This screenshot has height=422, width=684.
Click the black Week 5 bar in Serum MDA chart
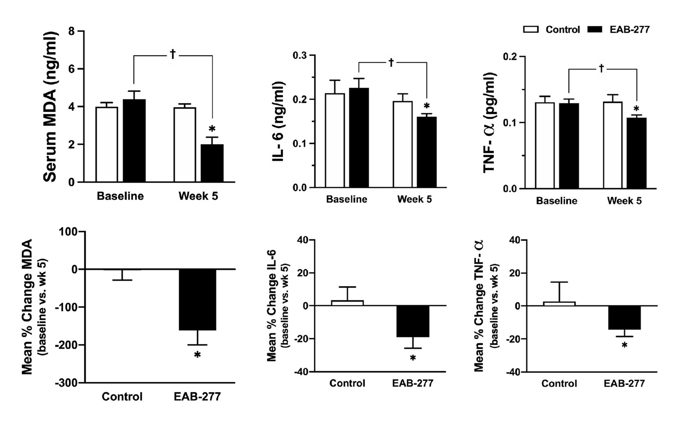212,163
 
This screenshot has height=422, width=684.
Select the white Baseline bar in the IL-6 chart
338,141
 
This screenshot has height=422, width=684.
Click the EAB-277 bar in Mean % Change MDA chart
197,299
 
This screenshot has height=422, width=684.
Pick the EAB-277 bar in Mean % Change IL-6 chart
413,321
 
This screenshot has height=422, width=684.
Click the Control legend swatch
531,29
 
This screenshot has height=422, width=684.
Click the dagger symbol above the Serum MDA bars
172,53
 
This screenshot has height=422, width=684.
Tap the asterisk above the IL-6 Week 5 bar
427,107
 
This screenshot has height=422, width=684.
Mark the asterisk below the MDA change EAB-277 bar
197,355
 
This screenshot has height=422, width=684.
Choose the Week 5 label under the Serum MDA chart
198,196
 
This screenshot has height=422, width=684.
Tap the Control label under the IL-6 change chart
347,383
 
